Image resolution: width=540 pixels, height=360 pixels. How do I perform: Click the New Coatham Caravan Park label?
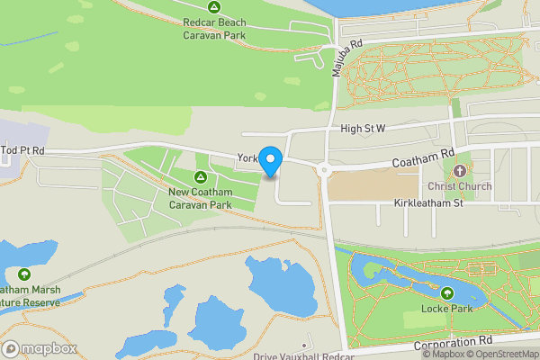200,198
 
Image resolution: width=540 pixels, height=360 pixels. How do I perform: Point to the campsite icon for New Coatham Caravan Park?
201,175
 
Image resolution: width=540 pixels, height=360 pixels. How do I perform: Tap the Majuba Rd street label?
346,57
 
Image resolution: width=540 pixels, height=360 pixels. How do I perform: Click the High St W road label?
363,130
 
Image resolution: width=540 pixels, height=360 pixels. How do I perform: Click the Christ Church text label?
461,187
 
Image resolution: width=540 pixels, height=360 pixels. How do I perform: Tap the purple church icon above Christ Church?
461,170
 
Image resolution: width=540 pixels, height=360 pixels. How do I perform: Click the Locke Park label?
447,310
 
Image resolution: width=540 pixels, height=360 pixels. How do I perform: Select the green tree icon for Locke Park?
447,293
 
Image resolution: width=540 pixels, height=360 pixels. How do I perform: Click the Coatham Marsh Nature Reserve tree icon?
22,274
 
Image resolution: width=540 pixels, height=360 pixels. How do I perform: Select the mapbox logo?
39,348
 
